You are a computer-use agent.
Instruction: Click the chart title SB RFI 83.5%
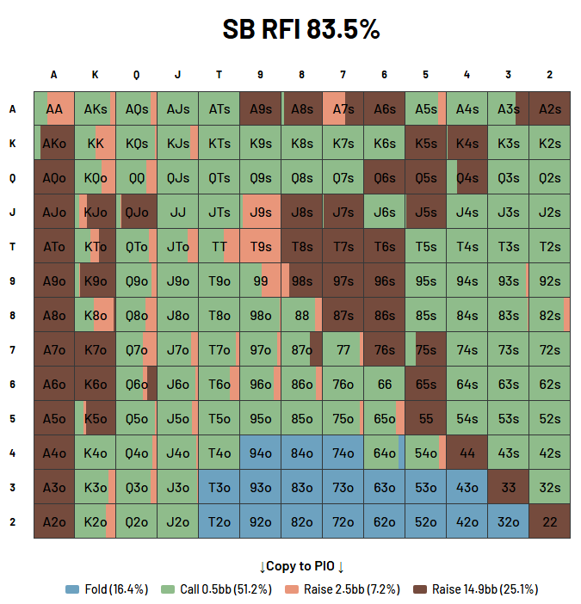pos(300,29)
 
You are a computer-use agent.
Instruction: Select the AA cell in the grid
pos(54,108)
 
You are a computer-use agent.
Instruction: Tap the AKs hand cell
pos(96,108)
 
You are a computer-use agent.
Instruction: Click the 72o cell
pos(343,521)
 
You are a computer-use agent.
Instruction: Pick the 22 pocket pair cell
pos(549,521)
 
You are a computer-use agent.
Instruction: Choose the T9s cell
pos(261,246)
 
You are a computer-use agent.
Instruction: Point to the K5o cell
pos(96,418)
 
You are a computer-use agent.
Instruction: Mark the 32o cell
pos(508,521)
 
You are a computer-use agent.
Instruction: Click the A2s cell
pos(549,108)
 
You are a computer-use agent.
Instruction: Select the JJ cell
pos(178,212)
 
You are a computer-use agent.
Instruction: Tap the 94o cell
pos(261,453)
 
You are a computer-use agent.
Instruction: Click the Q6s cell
pos(385,177)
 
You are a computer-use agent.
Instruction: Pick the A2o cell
pos(54,521)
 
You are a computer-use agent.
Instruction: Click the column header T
pos(219,75)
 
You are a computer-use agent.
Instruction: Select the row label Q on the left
pos(12,177)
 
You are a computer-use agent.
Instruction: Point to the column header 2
pos(549,75)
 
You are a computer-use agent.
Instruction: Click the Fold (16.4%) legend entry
pos(108,589)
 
